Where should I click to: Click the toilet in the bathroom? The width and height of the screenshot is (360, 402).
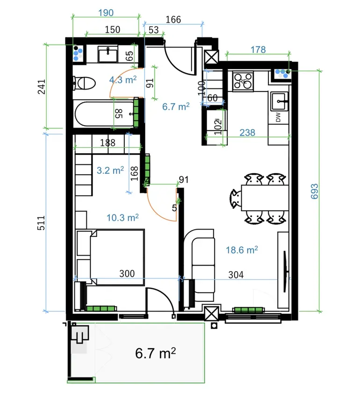[84, 83]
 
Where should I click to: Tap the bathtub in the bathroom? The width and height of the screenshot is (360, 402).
[104, 114]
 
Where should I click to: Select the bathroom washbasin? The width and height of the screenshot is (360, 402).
[108, 54]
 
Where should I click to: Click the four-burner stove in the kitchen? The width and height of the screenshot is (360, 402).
[243, 81]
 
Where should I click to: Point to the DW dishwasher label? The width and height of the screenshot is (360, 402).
[278, 117]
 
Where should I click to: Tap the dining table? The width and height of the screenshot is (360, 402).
[265, 197]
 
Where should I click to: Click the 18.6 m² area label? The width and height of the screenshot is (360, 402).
[242, 250]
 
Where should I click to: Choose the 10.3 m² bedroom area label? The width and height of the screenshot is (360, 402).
[122, 218]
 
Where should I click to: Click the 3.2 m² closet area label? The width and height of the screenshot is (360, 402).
[110, 170]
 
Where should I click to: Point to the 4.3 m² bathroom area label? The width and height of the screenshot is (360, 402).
[123, 79]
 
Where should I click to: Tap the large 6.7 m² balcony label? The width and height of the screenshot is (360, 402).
[155, 353]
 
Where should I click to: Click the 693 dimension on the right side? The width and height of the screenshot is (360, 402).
[314, 191]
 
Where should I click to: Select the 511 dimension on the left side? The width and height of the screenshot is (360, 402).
[41, 223]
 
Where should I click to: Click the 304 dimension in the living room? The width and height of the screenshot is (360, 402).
[236, 275]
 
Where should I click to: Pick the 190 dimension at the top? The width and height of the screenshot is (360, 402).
[106, 13]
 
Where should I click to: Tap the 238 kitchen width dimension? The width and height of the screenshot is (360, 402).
[247, 133]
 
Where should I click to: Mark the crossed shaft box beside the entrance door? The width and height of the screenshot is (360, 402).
[211, 57]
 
